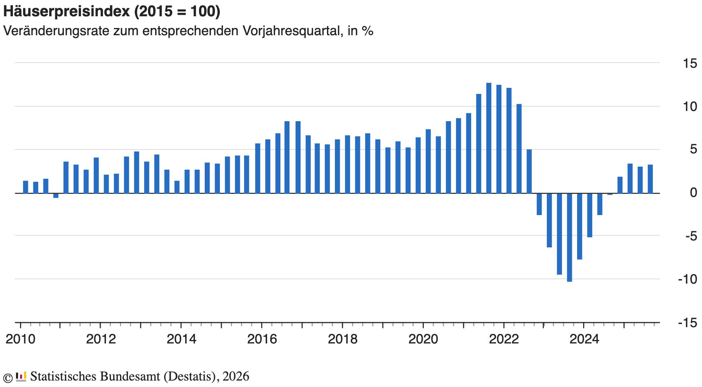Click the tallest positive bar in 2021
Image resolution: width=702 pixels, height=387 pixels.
coord(489,138)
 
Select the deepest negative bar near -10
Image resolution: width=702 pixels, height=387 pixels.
coord(569,237)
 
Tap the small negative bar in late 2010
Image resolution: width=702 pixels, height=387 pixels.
coord(56,195)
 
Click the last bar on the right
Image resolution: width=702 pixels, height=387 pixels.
coord(650,179)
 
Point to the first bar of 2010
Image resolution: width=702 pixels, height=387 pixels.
coord(26,187)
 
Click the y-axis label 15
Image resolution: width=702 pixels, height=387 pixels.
coord(690,63)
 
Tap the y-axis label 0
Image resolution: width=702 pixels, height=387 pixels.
coord(693,193)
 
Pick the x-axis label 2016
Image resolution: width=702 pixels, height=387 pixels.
coord(262,339)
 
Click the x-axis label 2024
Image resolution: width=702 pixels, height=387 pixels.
coord(584,339)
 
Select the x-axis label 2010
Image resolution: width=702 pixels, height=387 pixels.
coord(20,339)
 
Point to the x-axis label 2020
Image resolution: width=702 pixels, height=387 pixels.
coord(423,339)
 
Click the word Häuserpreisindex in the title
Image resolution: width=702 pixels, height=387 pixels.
coord(67,12)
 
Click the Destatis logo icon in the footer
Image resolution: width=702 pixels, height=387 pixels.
coord(21,376)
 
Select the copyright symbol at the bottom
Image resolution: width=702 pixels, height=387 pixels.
coord(8,377)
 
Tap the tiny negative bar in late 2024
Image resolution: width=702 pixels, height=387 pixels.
coord(610,194)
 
